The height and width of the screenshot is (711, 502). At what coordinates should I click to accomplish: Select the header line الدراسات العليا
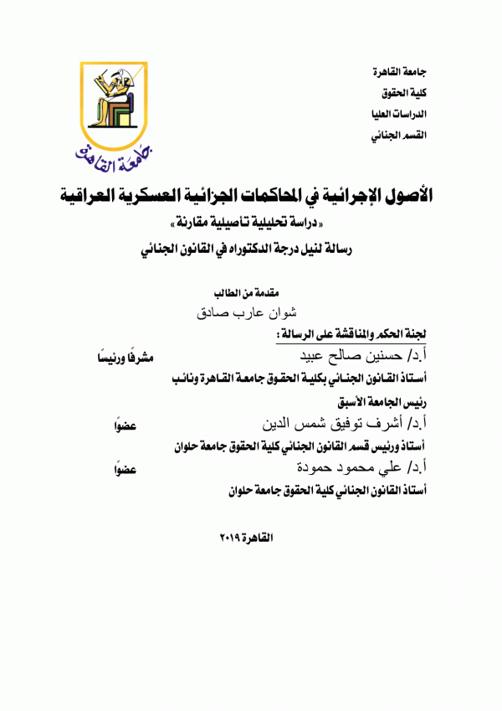403,113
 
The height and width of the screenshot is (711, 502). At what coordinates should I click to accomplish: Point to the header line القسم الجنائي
403,134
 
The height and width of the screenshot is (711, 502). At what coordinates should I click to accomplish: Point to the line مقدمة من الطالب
252,294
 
